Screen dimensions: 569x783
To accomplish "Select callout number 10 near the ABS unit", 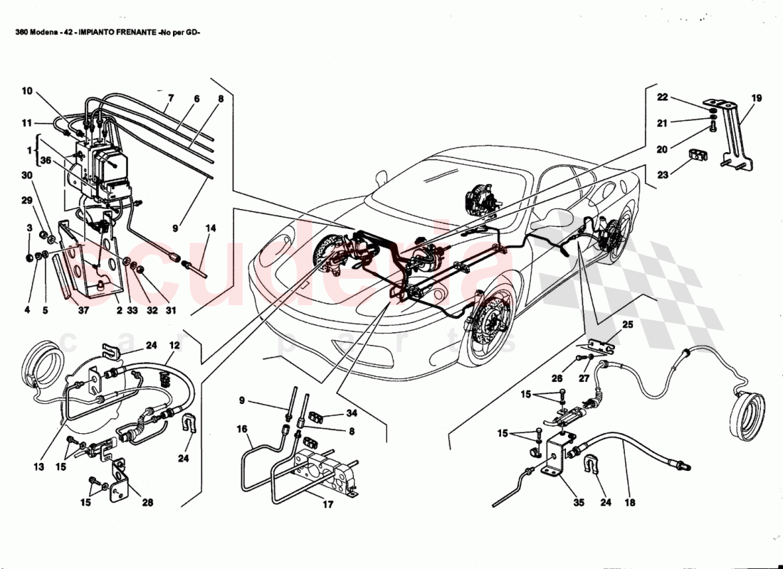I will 26,91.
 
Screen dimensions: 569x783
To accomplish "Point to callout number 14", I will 210,229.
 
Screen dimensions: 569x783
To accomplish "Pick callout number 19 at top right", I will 756,99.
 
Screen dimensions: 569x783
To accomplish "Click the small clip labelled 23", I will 697,156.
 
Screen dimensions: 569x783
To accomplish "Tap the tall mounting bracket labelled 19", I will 733,135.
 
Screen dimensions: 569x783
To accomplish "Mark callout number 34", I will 351,413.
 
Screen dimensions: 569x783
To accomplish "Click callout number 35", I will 578,503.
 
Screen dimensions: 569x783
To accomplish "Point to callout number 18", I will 629,503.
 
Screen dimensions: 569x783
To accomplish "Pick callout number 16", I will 242,430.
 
